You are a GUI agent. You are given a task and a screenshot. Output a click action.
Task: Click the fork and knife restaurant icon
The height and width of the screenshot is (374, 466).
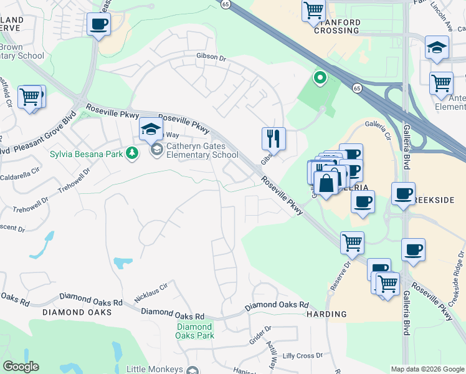[x=273, y=138]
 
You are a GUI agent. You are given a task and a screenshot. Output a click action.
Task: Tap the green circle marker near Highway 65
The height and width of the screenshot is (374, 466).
[x=320, y=78]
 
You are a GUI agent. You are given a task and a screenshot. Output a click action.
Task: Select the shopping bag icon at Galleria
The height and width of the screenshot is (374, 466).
[x=326, y=183]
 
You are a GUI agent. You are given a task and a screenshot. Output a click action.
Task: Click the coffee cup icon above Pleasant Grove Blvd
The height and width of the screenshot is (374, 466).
[x=98, y=24]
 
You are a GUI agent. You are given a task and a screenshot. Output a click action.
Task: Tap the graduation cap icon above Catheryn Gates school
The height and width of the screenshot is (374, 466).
[x=150, y=129]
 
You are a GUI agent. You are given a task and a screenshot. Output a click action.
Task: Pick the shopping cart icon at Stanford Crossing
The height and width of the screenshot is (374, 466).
[x=313, y=10]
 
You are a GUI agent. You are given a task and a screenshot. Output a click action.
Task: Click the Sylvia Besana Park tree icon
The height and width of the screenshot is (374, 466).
[x=132, y=153]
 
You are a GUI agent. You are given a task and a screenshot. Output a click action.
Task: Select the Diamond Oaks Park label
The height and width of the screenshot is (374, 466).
[x=194, y=331]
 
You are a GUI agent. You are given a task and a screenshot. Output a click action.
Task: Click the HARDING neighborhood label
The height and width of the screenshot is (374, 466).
[x=326, y=314]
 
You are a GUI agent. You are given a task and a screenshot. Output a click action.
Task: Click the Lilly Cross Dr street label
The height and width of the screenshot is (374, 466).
[x=302, y=355]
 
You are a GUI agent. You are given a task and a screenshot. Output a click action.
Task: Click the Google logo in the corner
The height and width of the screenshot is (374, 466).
[x=21, y=367]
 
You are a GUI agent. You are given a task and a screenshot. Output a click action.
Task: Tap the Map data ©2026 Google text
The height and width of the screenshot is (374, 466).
[x=427, y=369]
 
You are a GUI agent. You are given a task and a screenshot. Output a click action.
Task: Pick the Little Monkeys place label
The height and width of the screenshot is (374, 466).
[x=155, y=369]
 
